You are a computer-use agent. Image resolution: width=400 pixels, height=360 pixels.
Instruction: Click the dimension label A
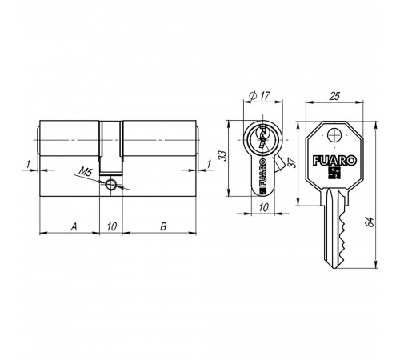74,226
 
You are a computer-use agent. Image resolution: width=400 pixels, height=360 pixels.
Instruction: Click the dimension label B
163,226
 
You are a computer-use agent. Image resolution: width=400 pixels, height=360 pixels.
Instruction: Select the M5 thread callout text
86,172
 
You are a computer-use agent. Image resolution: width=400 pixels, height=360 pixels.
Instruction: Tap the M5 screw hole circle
110,184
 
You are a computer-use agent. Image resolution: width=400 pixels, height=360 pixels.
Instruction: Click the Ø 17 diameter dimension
259,95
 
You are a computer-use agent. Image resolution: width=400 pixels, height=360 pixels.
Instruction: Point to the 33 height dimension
222,156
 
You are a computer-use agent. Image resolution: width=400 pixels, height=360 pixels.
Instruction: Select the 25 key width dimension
334,96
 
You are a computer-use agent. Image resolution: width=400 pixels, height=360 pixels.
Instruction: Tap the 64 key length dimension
370,222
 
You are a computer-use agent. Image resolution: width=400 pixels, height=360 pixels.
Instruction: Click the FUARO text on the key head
334,161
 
